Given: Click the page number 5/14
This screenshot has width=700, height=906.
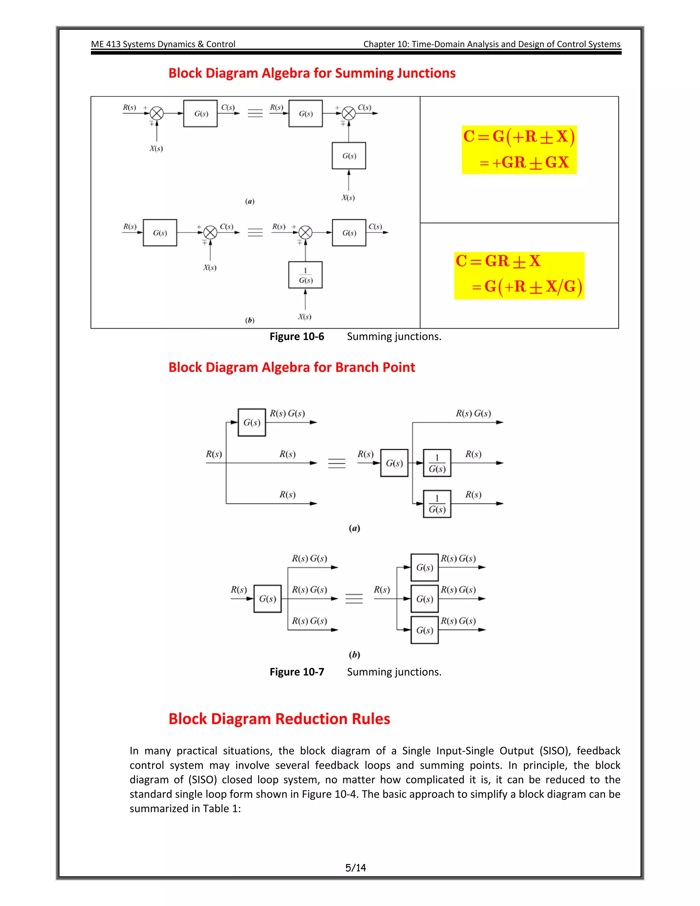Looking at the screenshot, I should (x=355, y=867).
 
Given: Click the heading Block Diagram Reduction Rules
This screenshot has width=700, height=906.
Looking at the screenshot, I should (x=279, y=719).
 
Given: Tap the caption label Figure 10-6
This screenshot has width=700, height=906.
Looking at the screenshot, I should (x=296, y=336).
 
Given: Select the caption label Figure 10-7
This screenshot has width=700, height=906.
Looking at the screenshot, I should (x=296, y=671).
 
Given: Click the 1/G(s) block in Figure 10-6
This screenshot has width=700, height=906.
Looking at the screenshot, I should (x=305, y=275).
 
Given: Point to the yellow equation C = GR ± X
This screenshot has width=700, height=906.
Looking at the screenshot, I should (x=498, y=261).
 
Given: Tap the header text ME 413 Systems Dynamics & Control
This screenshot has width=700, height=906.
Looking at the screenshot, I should (x=163, y=44).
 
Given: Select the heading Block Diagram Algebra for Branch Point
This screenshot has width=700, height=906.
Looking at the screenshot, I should (x=292, y=368).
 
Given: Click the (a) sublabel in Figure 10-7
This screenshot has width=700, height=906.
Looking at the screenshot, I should (x=354, y=528).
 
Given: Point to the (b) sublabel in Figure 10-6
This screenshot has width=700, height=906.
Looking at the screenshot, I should (x=250, y=320).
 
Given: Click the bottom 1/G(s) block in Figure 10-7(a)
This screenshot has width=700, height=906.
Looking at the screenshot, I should (x=437, y=504).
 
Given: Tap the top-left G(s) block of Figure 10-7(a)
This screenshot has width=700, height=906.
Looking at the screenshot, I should (x=252, y=422).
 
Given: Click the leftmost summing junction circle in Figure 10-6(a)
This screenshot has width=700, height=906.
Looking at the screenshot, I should (x=156, y=113).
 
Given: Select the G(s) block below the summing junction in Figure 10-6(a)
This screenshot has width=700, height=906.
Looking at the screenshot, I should (x=349, y=156).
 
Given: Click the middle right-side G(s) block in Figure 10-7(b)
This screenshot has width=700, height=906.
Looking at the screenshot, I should (x=424, y=599).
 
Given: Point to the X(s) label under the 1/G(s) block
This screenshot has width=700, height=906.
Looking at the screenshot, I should (x=305, y=317).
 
